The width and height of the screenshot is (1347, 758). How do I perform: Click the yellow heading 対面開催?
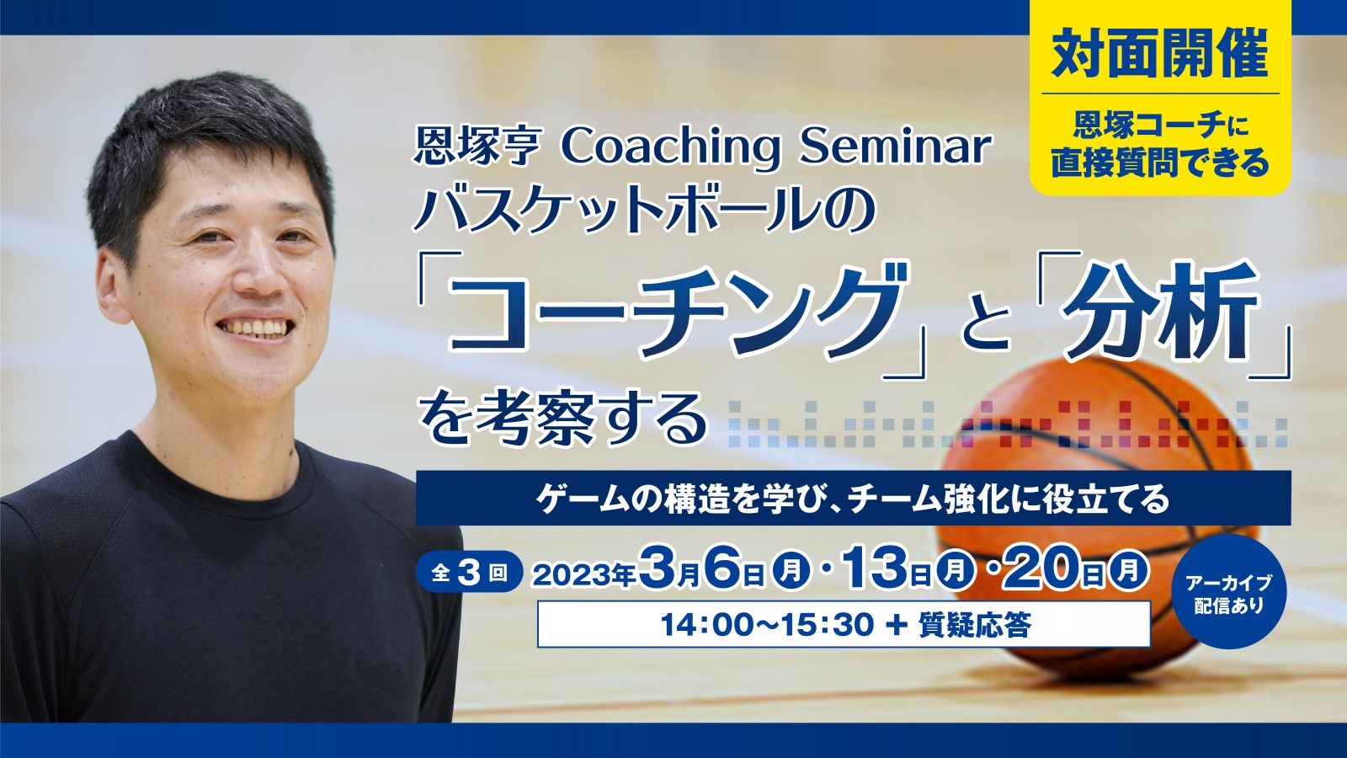click(1160, 53)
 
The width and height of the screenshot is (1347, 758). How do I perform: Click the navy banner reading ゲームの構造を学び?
click(853, 499)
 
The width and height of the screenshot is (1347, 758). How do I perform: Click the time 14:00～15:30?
click(767, 625)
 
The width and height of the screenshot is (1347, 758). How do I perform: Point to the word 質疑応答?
click(975, 625)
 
